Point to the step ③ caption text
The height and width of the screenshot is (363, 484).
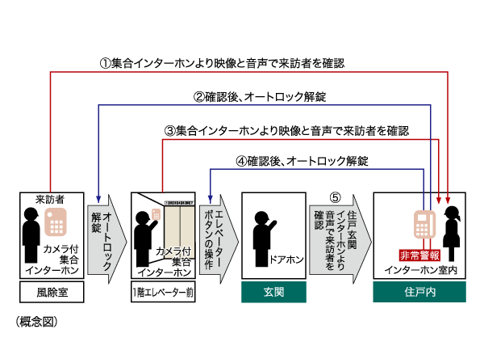(x=286, y=129)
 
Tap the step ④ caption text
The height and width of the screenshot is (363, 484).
(x=302, y=161)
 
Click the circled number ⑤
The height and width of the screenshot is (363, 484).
(x=336, y=197)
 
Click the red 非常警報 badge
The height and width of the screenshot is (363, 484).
(x=421, y=253)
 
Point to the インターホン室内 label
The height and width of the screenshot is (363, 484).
(x=421, y=270)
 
